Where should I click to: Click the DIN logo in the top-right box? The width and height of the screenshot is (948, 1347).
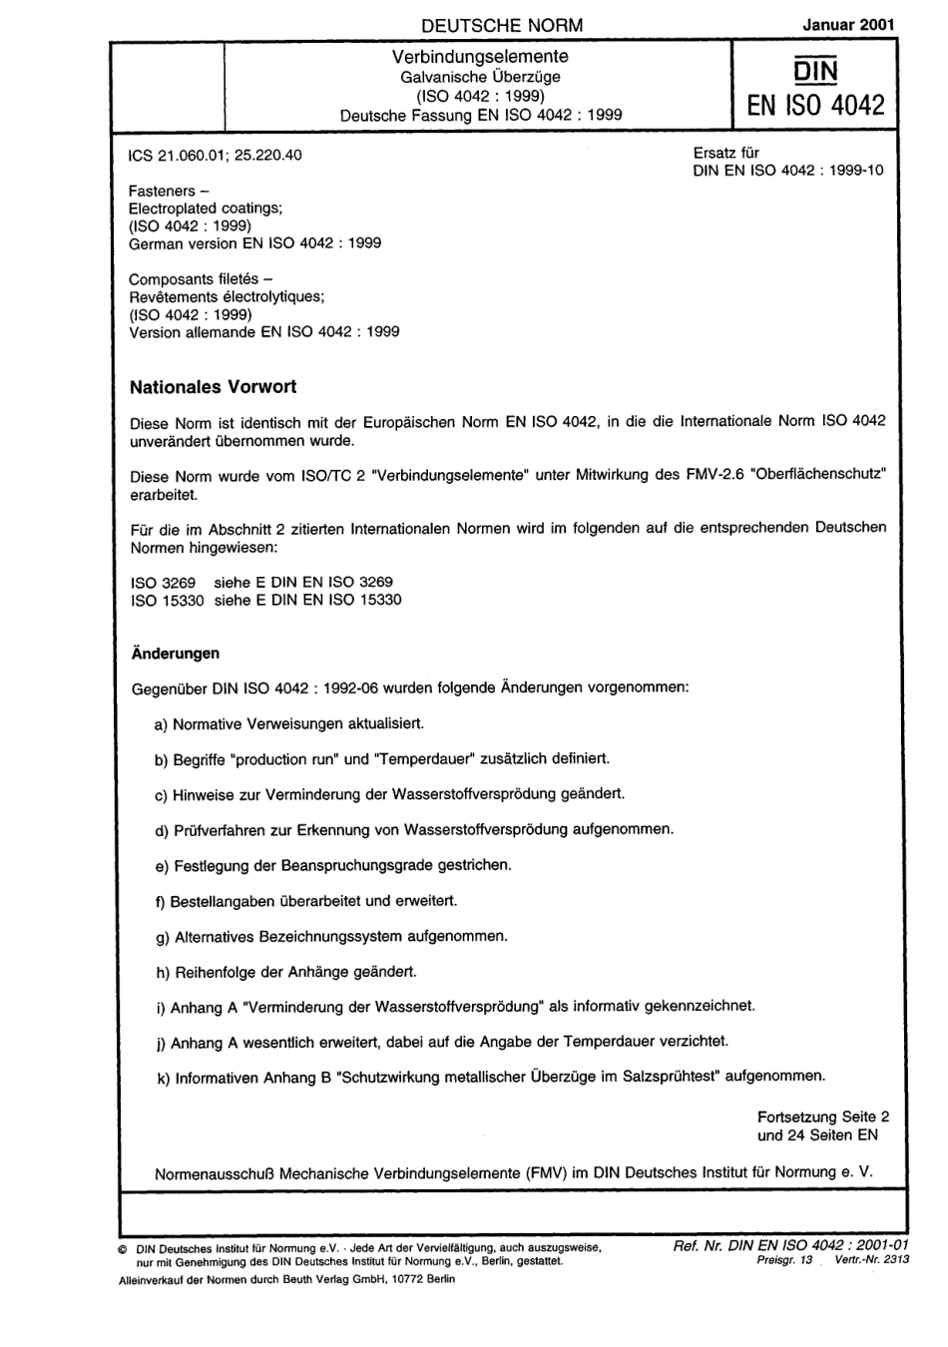click(815, 68)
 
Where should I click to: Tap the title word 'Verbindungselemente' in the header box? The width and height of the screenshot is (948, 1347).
click(480, 57)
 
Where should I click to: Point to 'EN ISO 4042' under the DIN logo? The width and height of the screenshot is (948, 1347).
click(815, 105)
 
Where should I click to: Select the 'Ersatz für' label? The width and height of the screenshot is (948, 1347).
click(725, 154)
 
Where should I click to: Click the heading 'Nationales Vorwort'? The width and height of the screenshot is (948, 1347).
click(214, 386)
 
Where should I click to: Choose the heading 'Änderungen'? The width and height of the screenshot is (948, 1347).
click(176, 654)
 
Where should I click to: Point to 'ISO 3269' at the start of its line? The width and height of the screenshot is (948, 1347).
click(164, 582)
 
